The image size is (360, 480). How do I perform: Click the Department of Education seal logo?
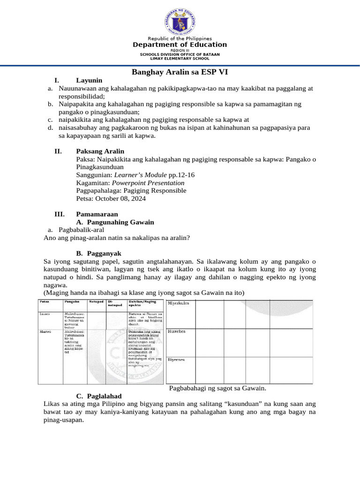180,19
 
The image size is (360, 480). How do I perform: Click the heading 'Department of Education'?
180,45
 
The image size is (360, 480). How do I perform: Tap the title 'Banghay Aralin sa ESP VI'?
180,72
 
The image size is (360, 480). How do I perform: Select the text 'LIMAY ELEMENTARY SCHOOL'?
180,59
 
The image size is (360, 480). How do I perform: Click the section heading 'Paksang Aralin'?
100,151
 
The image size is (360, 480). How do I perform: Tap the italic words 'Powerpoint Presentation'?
148,183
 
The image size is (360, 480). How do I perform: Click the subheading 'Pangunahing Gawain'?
119,222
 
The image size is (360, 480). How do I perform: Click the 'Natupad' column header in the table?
96,301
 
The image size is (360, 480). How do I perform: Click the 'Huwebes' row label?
177,331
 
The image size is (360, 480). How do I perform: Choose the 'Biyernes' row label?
176,360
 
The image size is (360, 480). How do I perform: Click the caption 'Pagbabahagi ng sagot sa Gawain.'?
217,388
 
